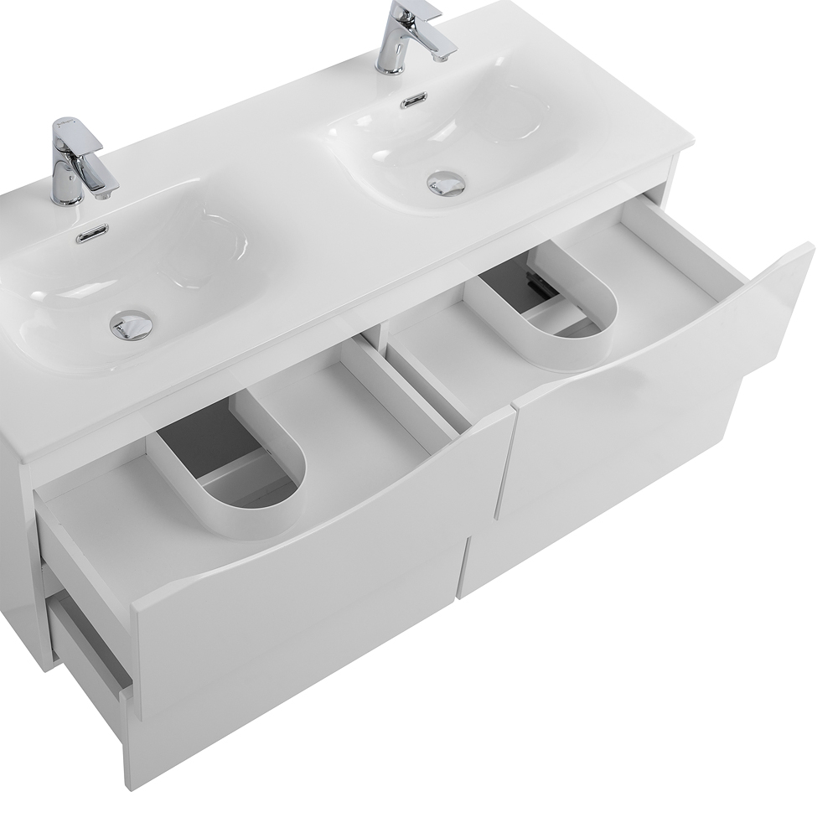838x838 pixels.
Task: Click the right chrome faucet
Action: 394,42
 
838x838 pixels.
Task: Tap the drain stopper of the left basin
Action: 132,324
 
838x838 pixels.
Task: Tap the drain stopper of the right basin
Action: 446,183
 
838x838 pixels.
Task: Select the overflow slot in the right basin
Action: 412,101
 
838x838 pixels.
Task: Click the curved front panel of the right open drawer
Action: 662,369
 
